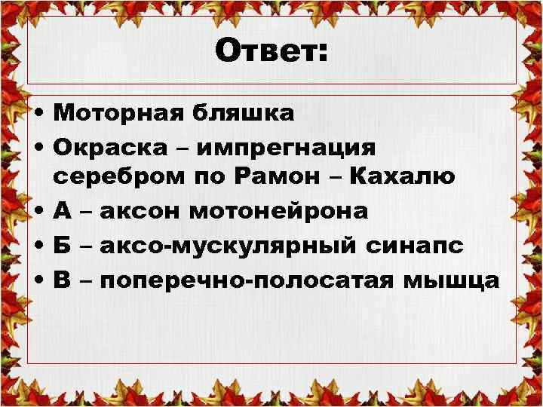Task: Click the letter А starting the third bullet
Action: tap(63, 212)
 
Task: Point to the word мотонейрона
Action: tap(278, 212)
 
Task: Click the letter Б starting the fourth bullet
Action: tap(63, 246)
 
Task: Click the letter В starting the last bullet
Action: tap(63, 281)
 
